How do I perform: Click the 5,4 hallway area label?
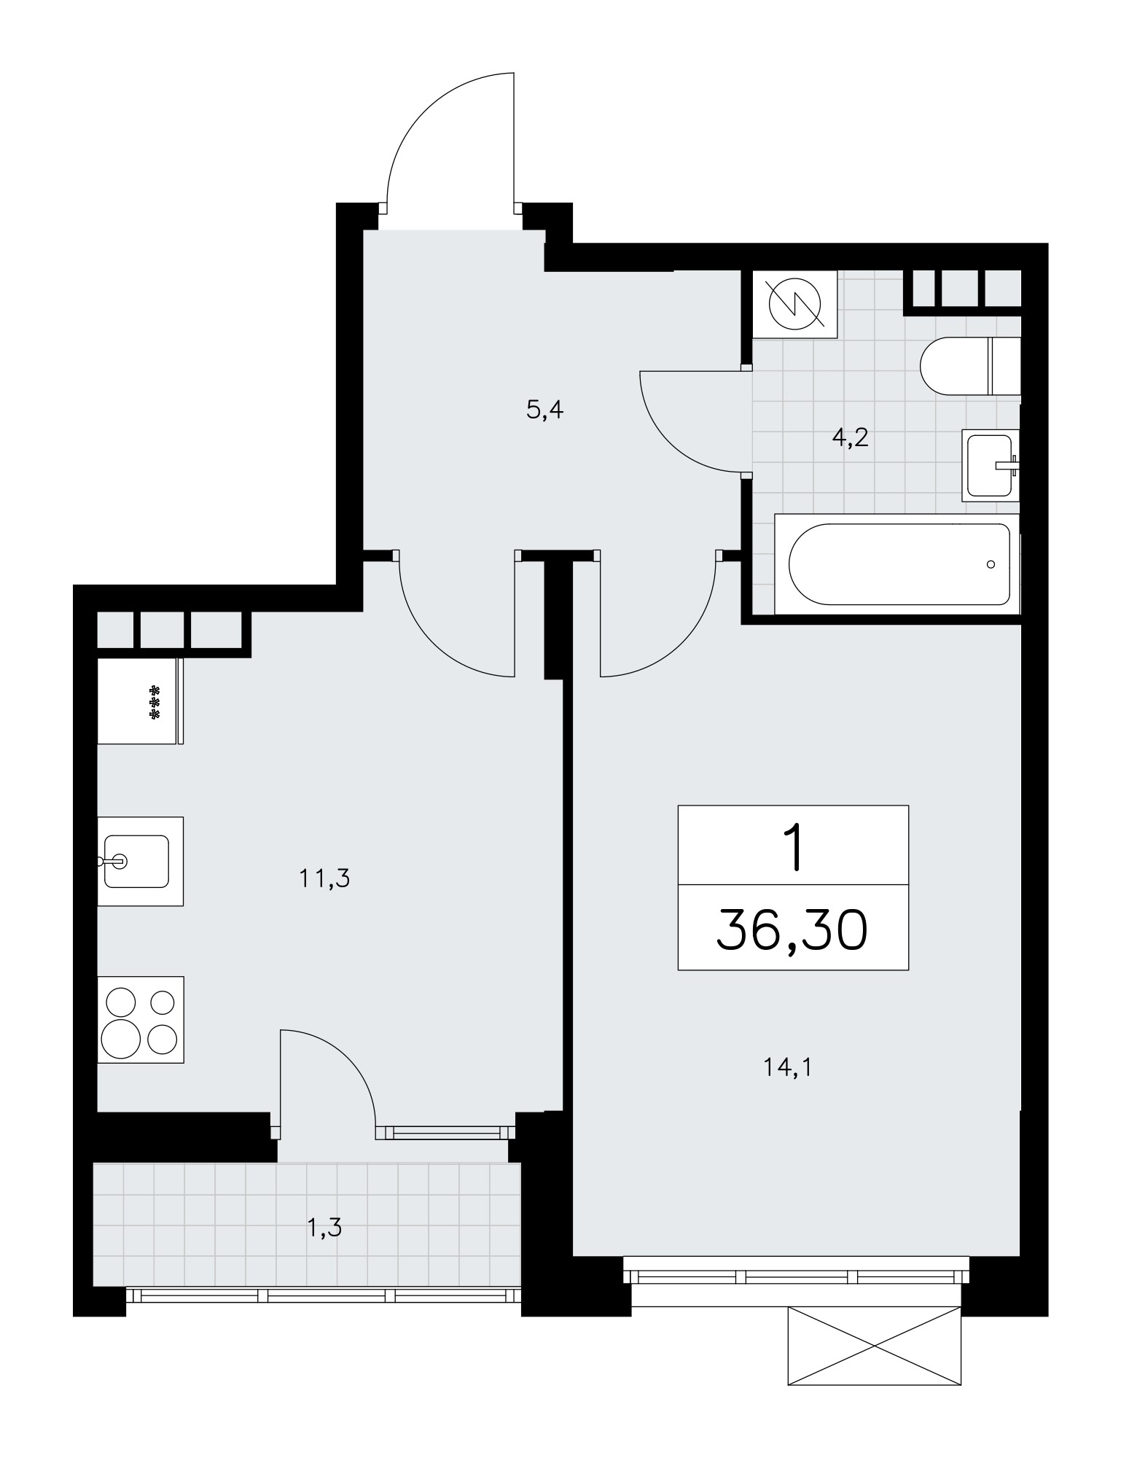545,411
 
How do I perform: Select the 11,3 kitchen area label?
324,879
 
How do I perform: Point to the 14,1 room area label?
788,1068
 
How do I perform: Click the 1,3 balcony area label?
325,1228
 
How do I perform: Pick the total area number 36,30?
792,931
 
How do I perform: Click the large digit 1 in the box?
794,848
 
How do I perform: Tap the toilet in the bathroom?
970,367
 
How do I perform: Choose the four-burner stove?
140,1019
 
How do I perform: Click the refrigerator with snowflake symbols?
139,701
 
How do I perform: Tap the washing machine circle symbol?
795,305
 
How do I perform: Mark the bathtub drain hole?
991,564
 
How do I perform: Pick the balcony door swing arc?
348,1058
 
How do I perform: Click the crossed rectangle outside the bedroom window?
875,1346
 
